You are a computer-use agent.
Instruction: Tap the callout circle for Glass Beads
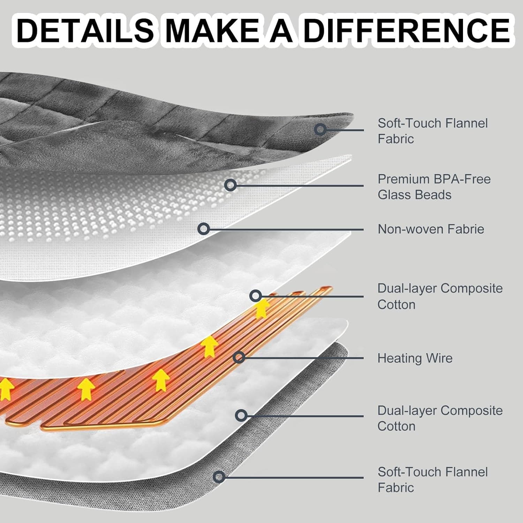(x=230, y=185)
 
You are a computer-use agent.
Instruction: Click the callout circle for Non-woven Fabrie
(x=204, y=229)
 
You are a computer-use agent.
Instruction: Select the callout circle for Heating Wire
(x=239, y=357)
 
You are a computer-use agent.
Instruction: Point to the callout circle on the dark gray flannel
(x=320, y=129)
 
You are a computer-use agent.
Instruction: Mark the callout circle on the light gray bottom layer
(x=219, y=477)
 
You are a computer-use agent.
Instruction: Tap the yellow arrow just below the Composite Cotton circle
(x=262, y=309)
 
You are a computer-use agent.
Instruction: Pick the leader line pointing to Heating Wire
(x=303, y=358)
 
